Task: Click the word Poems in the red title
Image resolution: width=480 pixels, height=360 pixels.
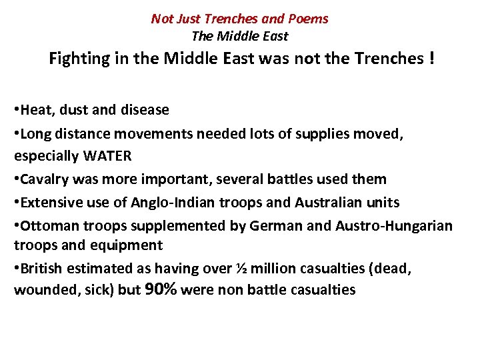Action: click(x=309, y=19)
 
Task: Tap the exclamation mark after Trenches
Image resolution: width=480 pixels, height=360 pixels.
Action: click(x=433, y=59)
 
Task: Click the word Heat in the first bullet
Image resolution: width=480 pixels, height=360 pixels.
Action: click(x=36, y=109)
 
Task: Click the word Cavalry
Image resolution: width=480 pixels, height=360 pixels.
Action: click(x=44, y=179)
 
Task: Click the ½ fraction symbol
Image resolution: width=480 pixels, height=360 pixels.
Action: click(x=243, y=268)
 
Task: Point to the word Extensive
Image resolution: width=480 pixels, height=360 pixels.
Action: click(x=49, y=201)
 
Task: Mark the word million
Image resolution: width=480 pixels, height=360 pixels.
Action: click(x=274, y=268)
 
